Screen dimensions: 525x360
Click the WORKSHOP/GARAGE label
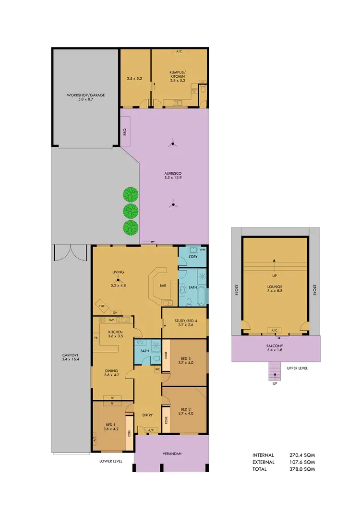tap(85, 95)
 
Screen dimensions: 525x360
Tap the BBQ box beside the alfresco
tap(124, 130)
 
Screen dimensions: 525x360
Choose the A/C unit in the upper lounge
tap(275, 331)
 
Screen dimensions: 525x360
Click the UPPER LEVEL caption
tap(298, 368)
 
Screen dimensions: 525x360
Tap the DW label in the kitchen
tap(110, 320)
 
